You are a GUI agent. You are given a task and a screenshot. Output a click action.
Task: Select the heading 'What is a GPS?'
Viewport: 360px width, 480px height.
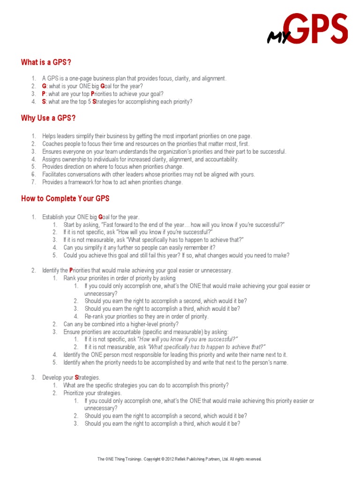46,62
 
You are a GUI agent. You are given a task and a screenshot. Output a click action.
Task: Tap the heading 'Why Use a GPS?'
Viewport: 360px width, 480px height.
48,118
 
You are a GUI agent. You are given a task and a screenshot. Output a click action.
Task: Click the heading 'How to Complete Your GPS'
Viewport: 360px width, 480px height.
65,198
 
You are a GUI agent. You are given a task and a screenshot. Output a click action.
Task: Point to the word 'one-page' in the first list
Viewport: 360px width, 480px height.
79,79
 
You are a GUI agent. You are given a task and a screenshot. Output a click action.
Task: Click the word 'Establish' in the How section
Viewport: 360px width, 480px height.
53,217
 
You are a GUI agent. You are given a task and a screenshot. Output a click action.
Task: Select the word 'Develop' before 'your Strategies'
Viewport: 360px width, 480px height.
52,377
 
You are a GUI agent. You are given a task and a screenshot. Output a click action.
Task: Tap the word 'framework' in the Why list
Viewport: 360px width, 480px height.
80,182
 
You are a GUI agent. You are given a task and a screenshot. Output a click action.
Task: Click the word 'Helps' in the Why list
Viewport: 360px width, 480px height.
49,136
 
